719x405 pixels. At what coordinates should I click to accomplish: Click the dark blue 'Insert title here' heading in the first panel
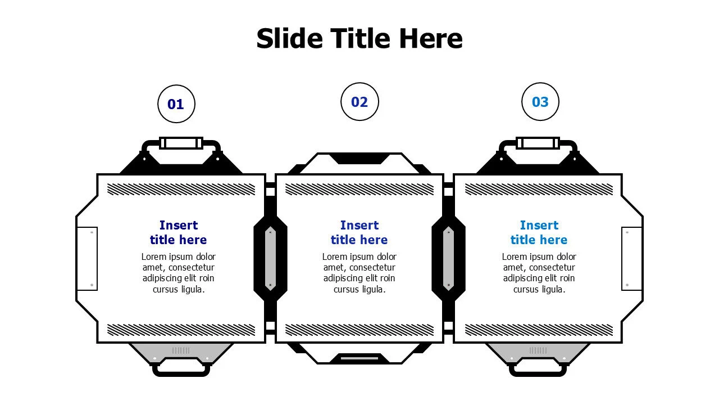pos(179,232)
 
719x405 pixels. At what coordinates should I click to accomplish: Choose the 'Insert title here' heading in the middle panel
pos(359,232)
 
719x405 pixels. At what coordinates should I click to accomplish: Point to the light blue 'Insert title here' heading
pos(539,232)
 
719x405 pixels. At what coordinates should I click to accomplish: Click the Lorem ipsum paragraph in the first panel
pos(179,273)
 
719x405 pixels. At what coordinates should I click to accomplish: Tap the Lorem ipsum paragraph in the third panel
pos(539,273)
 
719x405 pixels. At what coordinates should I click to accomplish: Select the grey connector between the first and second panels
pos(270,258)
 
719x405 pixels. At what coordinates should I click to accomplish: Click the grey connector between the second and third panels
pos(448,258)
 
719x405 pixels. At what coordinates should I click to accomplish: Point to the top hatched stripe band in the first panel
pos(181,190)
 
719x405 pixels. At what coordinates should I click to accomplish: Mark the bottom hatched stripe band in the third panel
pos(539,330)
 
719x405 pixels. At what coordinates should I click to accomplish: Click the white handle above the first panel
pos(181,143)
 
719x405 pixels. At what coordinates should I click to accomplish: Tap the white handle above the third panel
pos(538,143)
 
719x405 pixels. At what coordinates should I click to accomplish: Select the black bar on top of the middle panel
pos(359,159)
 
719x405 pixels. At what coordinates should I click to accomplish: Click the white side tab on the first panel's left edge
pos(87,259)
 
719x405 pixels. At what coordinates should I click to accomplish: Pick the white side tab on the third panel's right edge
pos(632,259)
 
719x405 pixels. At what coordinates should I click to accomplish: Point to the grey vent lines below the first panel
pos(181,350)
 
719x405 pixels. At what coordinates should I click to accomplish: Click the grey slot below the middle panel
pos(359,358)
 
